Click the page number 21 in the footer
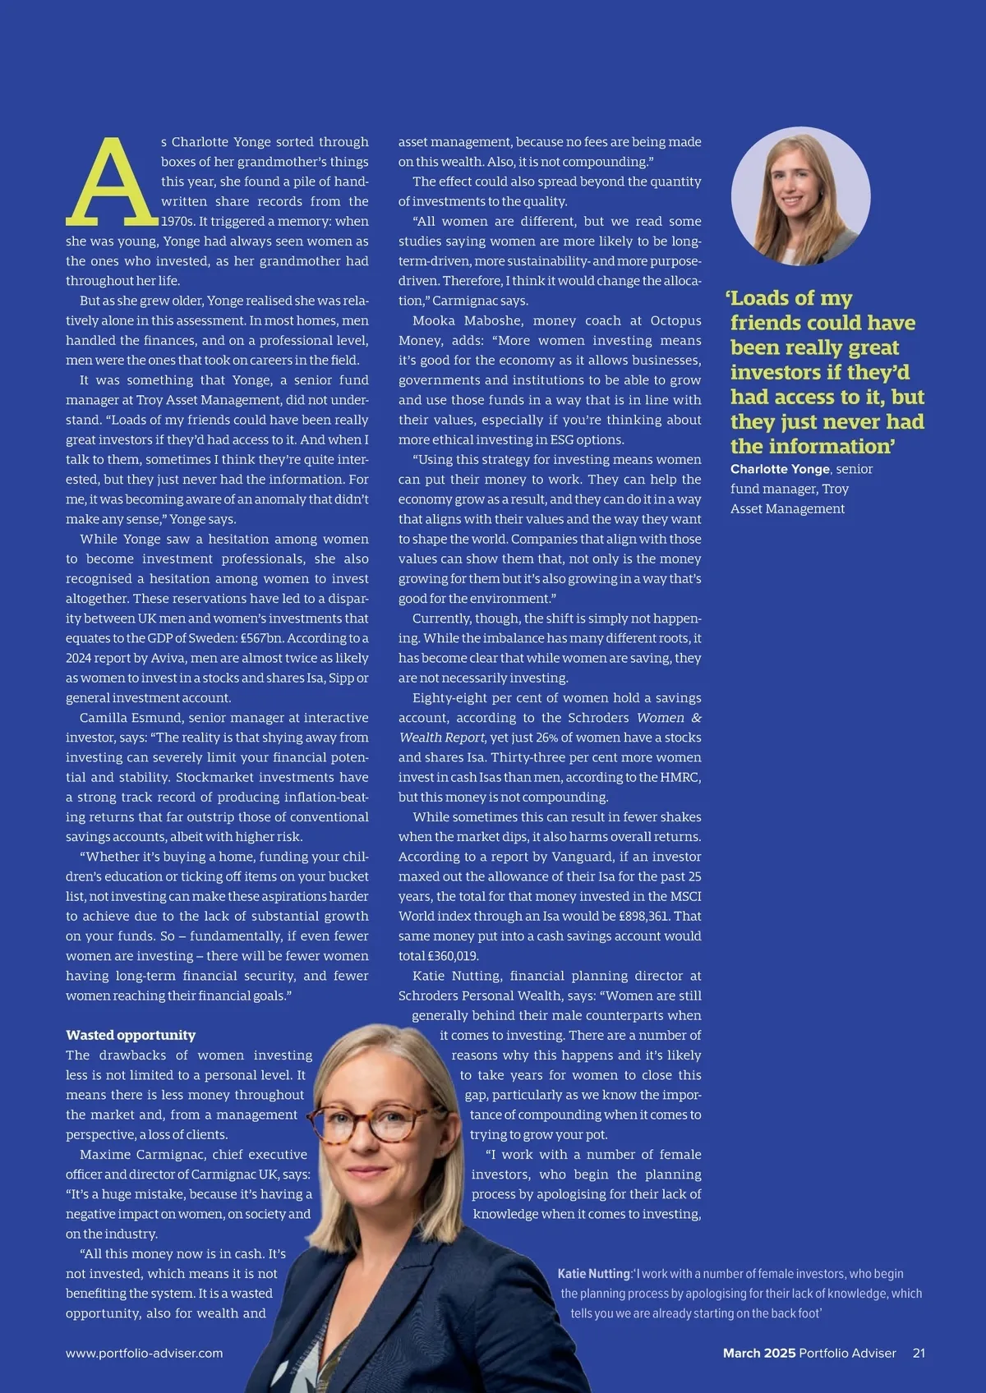pyautogui.click(x=919, y=1353)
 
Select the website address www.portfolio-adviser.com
pyautogui.click(x=145, y=1353)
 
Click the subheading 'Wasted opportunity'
pyautogui.click(x=131, y=1035)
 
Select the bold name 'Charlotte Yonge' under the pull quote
pyautogui.click(x=780, y=469)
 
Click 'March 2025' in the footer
pyautogui.click(x=759, y=1353)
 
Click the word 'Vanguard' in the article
pyautogui.click(x=582, y=857)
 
